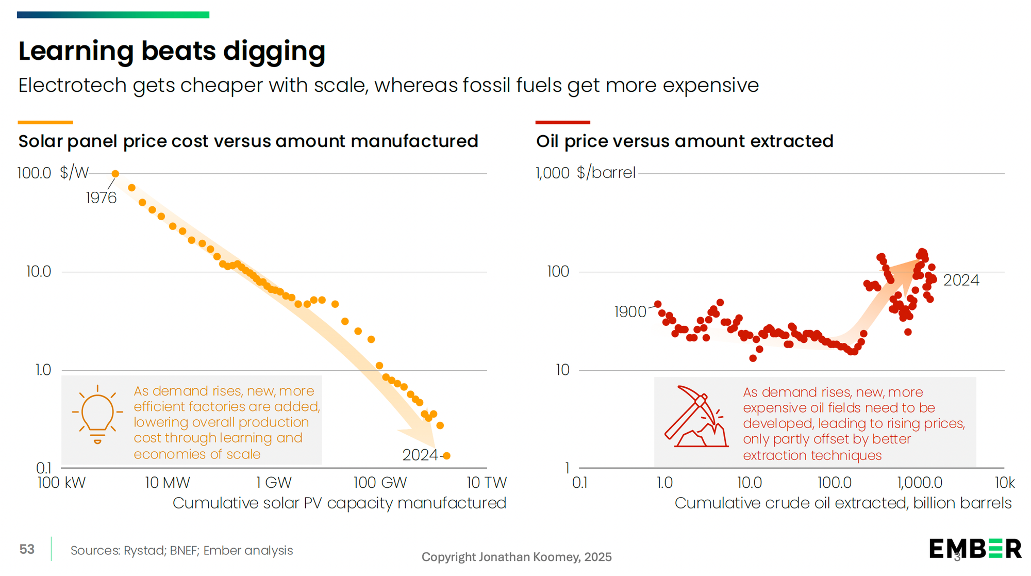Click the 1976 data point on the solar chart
point(115,174)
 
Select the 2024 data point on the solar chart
point(447,456)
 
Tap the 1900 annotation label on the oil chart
point(630,312)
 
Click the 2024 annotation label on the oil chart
point(961,280)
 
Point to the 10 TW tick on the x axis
point(487,483)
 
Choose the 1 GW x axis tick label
point(274,483)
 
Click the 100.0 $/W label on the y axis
point(53,173)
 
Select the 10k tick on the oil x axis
point(1004,483)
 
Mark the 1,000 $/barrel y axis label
point(586,173)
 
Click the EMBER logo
point(975,549)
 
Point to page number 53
point(27,549)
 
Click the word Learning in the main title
point(75,51)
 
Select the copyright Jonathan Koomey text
point(517,557)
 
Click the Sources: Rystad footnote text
point(181,550)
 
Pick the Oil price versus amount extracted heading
point(685,141)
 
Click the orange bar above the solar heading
point(45,122)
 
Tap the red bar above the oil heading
point(562,122)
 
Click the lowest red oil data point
point(753,358)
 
